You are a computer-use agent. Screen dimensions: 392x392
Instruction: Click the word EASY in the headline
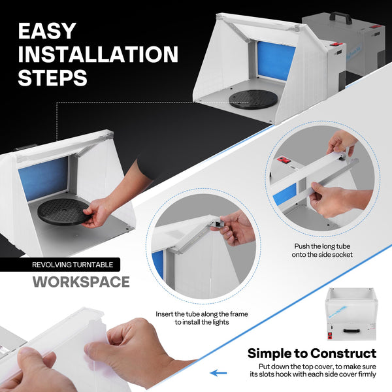click(x=47, y=31)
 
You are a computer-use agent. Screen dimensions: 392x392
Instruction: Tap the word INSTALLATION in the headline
click(x=98, y=54)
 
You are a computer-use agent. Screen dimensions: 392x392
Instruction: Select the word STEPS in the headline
click(x=52, y=78)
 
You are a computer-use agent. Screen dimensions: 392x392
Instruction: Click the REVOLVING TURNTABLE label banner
click(x=60, y=265)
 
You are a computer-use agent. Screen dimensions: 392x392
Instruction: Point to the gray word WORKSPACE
click(x=81, y=282)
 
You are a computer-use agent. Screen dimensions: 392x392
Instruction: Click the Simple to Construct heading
click(x=312, y=353)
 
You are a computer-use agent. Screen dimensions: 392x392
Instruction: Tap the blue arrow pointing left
click(x=218, y=373)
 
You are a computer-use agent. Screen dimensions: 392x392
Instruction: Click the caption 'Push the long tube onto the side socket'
click(x=322, y=250)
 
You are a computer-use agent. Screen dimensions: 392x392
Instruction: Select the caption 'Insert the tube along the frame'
click(x=202, y=314)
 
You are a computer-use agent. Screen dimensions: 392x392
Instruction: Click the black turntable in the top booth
click(x=253, y=99)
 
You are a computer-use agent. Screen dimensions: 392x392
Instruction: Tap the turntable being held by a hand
click(x=64, y=212)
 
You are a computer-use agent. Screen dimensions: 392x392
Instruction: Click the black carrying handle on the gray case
click(x=340, y=18)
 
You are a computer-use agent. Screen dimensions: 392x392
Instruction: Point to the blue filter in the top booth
click(x=276, y=61)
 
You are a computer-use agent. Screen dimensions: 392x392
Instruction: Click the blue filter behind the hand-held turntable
click(x=44, y=179)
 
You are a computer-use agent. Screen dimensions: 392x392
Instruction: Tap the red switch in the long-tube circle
click(x=284, y=159)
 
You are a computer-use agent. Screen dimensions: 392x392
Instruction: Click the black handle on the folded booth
click(x=351, y=331)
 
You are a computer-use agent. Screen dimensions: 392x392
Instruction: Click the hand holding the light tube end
click(x=234, y=228)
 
